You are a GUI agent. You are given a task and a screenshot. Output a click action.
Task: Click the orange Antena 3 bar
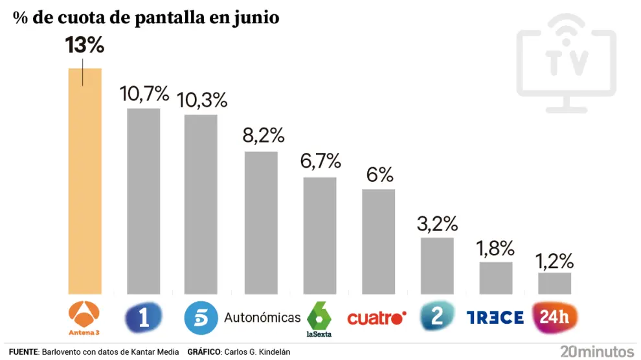pyautogui.click(x=85, y=181)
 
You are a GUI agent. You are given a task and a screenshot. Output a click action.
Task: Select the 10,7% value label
pyautogui.click(x=144, y=95)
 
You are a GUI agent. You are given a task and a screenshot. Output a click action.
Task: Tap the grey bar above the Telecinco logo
pyautogui.click(x=201, y=204)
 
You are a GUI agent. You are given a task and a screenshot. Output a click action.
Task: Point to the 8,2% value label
pyautogui.click(x=262, y=135)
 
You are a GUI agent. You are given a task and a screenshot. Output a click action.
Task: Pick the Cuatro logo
pyautogui.click(x=376, y=318)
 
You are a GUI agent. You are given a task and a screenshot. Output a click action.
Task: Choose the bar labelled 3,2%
pyautogui.click(x=437, y=265)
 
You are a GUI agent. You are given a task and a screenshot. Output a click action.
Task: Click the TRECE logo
pyautogui.click(x=495, y=317)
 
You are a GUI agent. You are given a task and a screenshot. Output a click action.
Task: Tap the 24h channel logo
pyautogui.click(x=554, y=317)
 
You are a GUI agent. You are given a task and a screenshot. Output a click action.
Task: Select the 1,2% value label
pyautogui.click(x=555, y=261)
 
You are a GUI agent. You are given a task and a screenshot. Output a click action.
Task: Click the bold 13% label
pyautogui.click(x=85, y=46)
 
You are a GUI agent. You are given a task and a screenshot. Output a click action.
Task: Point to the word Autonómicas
pyautogui.click(x=262, y=317)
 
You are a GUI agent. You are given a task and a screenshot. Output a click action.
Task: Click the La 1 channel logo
pyautogui.click(x=143, y=317)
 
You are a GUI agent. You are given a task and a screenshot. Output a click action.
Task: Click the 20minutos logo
pyautogui.click(x=597, y=352)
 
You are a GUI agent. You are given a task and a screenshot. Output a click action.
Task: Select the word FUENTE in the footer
pyautogui.click(x=24, y=352)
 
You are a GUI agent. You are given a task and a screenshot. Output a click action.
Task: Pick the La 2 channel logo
pyautogui.click(x=437, y=317)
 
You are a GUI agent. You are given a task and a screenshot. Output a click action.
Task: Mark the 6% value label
pyautogui.click(x=379, y=174)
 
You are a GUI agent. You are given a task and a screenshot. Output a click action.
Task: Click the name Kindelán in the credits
pyautogui.click(x=275, y=352)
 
